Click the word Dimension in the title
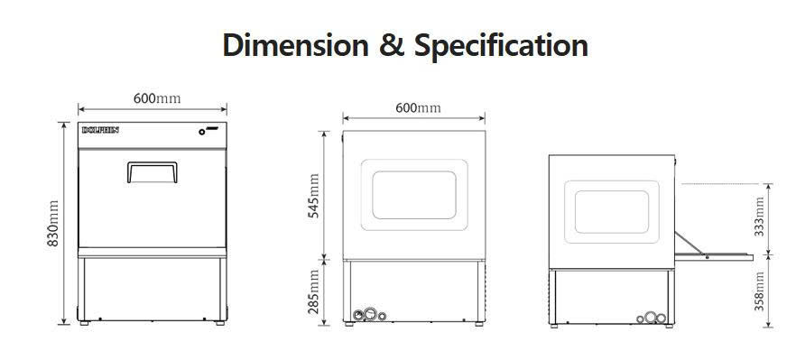(x=295, y=45)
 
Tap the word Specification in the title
(x=501, y=46)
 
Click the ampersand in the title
(x=392, y=46)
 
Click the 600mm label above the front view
(x=157, y=98)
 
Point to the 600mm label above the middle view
(x=418, y=107)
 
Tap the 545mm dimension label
(x=314, y=196)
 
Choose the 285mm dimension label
(x=314, y=292)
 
